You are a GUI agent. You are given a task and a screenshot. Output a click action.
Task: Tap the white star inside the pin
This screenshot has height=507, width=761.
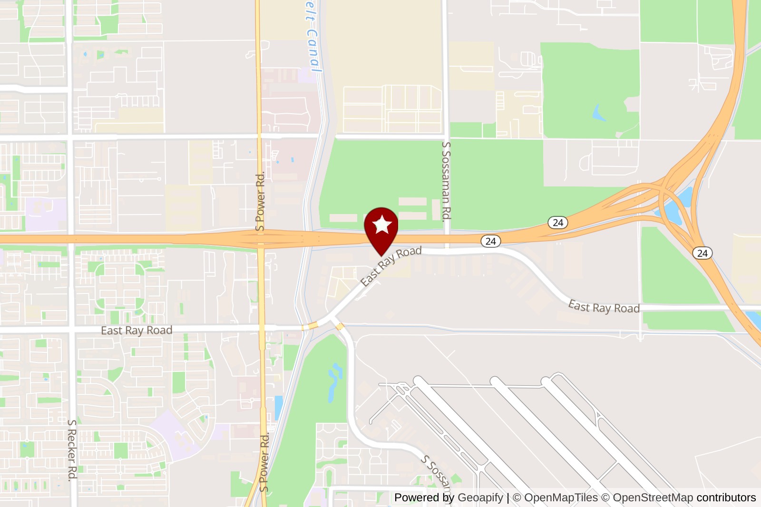pyautogui.click(x=382, y=224)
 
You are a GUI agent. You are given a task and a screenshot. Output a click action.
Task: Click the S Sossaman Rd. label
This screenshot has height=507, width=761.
pyautogui.click(x=446, y=181)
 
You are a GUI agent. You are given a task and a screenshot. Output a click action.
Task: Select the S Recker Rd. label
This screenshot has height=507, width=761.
pyautogui.click(x=72, y=449)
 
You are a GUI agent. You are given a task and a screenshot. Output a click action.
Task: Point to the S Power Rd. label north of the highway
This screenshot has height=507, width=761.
pyautogui.click(x=260, y=202)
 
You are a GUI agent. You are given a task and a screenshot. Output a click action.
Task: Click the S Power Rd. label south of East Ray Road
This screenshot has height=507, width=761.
pyautogui.click(x=264, y=461)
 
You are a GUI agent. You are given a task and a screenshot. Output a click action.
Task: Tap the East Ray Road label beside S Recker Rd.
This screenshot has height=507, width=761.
pyautogui.click(x=137, y=330)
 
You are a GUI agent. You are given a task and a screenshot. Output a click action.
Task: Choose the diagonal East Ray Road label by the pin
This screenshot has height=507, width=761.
pyautogui.click(x=391, y=266)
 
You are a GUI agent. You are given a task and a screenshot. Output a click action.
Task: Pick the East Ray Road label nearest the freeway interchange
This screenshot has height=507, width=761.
pyautogui.click(x=604, y=307)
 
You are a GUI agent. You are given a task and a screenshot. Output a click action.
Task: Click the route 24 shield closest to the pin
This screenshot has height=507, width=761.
pyautogui.click(x=490, y=241)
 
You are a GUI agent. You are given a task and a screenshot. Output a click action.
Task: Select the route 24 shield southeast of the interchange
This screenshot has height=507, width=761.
pyautogui.click(x=702, y=253)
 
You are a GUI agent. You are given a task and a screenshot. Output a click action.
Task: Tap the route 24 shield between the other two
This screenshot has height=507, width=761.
pyautogui.click(x=557, y=222)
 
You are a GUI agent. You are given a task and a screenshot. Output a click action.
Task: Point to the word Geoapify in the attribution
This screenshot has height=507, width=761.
pyautogui.click(x=480, y=497)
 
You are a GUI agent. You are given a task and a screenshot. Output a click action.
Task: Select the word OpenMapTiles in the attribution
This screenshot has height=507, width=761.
pyautogui.click(x=561, y=497)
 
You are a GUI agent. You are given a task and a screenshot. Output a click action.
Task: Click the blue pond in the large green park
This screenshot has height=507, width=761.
pyautogui.click(x=598, y=113)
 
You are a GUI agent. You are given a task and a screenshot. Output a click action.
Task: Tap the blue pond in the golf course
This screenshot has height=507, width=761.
pyautogui.click(x=334, y=381)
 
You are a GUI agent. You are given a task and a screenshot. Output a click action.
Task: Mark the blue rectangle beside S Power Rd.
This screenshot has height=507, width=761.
pyautogui.click(x=278, y=408)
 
